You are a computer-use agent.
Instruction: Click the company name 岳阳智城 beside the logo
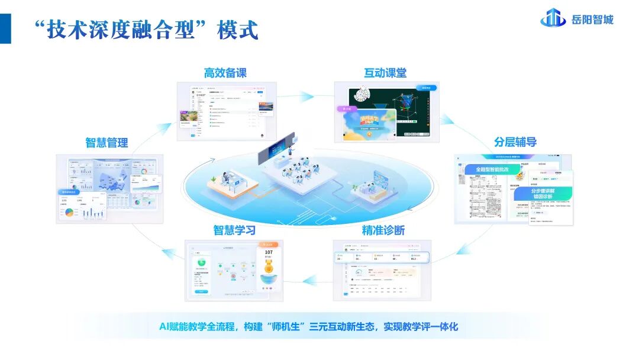pos(592,20)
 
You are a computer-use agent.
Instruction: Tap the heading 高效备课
pos(225,73)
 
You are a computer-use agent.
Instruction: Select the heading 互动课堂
pos(385,73)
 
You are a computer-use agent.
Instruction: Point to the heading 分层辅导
pos(515,142)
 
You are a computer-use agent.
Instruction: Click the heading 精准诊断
pos(383,230)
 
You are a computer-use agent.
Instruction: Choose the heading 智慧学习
pos(234,230)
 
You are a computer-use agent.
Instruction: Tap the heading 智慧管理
pos(106,143)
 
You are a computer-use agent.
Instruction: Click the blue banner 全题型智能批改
pos(490,169)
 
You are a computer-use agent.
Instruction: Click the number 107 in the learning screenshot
pos(269,253)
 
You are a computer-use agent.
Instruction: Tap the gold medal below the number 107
pos(269,266)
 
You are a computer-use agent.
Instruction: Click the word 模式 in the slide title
pos(238,30)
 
